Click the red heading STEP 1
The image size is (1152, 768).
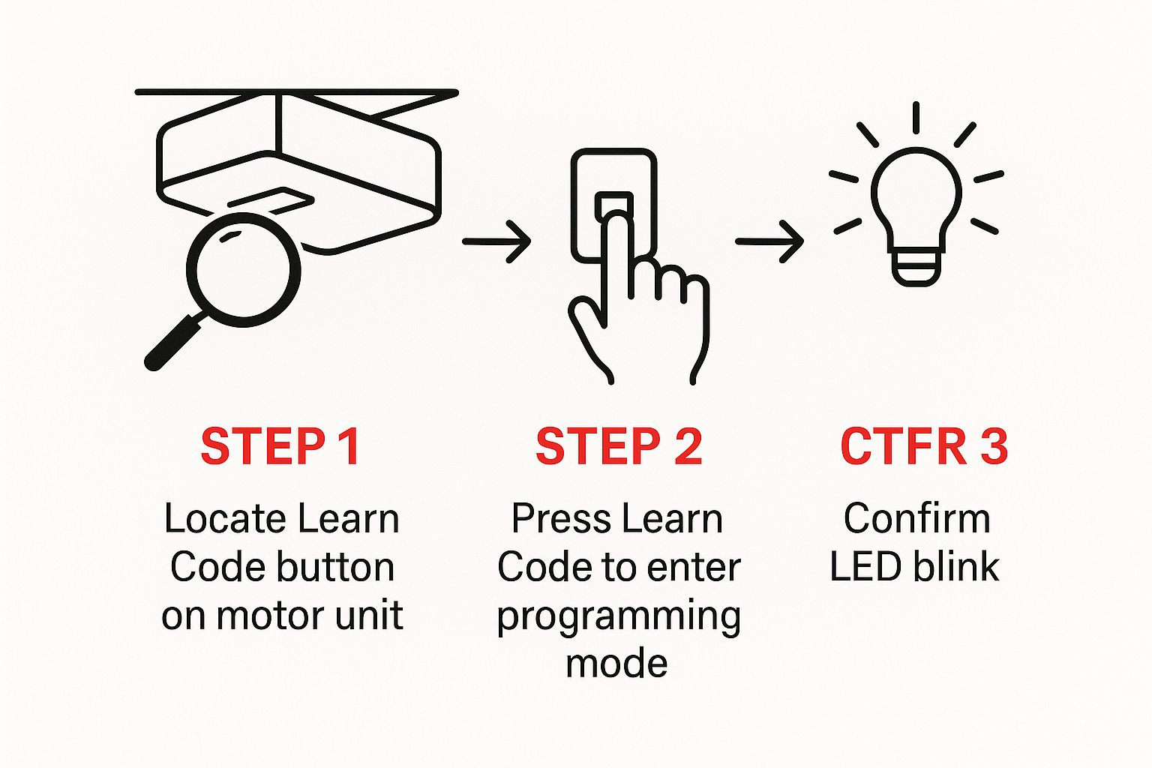(x=280, y=447)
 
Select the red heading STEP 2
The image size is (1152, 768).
(x=619, y=447)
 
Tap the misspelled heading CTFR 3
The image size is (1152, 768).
(x=923, y=447)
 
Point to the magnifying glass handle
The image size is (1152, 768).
(x=174, y=342)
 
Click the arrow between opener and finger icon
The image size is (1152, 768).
(x=496, y=241)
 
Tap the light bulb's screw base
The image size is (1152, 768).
(x=916, y=267)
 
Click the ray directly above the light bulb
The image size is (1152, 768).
(x=916, y=118)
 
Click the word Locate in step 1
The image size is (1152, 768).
(x=225, y=519)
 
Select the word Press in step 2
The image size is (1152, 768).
(x=554, y=519)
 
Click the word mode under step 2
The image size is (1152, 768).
(x=616, y=664)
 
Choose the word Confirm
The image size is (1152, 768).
(x=916, y=519)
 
